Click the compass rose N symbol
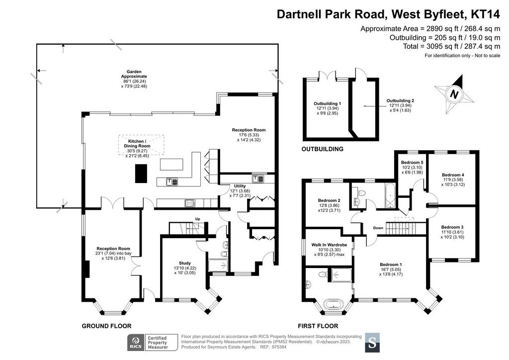454,94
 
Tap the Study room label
185,263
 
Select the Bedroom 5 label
412,163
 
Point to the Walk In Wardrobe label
329,245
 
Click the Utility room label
240,186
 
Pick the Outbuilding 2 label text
400,101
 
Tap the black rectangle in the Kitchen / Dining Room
141,174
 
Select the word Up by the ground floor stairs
198,219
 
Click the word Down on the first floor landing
378,228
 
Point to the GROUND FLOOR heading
106,326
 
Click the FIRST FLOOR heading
318,326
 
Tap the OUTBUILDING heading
322,149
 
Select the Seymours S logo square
372,343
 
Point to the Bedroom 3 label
452,227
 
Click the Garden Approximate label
134,74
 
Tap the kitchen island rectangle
171,164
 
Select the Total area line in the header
451,46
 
